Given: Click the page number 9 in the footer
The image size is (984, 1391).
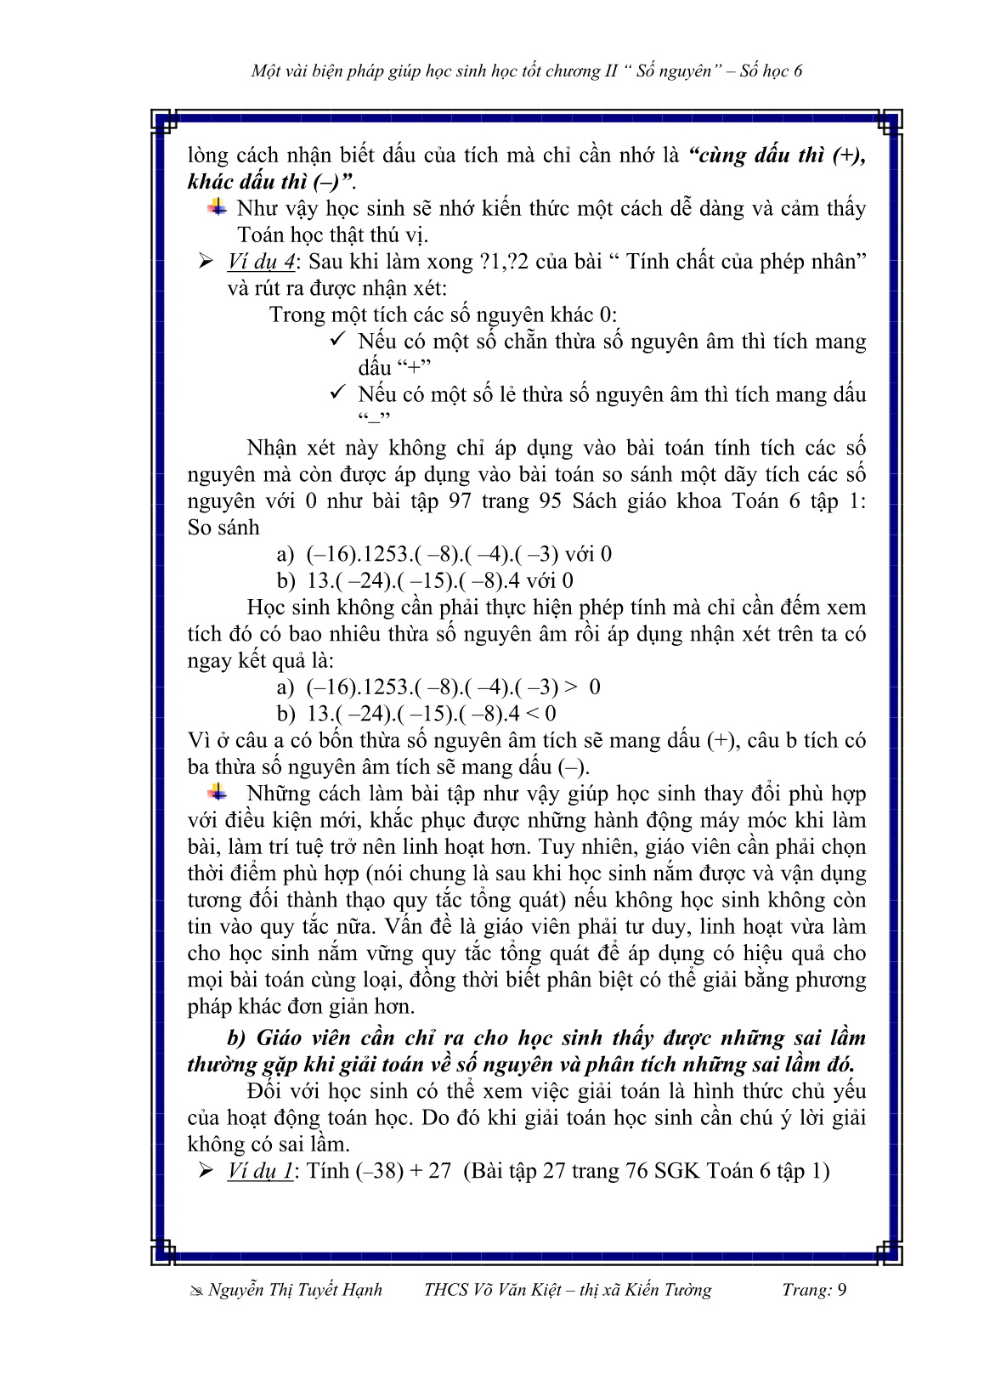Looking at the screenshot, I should (841, 1290).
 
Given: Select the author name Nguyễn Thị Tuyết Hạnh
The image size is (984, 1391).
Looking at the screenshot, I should (295, 1290).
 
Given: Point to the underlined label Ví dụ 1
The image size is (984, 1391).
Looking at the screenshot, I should (260, 1171).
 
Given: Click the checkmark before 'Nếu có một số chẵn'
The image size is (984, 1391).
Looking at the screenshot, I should (337, 340).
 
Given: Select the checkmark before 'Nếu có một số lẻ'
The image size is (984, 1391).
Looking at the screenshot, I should (337, 393).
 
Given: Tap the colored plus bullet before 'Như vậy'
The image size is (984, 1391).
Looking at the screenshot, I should (218, 207).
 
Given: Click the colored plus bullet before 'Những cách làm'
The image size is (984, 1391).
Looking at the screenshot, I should (218, 793).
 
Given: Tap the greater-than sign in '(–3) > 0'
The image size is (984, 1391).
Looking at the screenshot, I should (572, 687).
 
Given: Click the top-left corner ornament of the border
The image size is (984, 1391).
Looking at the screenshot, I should (164, 121).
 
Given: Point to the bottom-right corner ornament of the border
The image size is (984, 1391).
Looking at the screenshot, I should (889, 1252).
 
